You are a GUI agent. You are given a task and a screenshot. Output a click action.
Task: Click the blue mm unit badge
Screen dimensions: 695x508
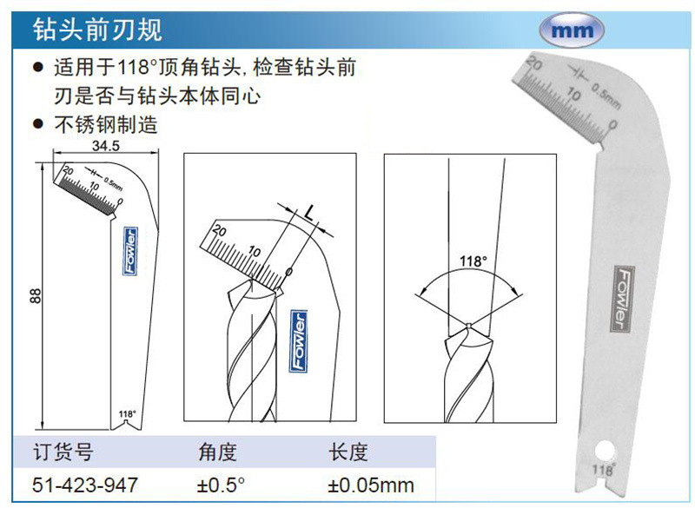(x=572, y=30)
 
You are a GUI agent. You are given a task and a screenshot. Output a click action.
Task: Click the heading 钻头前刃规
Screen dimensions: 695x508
(x=98, y=30)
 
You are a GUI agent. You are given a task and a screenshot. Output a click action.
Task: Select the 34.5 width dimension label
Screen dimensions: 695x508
(x=105, y=145)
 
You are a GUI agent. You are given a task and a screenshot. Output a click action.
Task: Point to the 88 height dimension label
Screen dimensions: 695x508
(x=36, y=295)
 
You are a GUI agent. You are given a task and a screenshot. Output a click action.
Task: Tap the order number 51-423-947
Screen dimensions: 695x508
(x=84, y=485)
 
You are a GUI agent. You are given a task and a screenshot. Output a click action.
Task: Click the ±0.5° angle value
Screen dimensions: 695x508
(x=221, y=485)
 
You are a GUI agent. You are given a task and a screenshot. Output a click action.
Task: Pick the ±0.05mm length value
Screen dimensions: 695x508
(x=371, y=485)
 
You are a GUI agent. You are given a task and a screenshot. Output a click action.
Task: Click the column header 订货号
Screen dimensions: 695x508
(x=63, y=452)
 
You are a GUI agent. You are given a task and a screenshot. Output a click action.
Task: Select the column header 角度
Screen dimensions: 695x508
(x=218, y=452)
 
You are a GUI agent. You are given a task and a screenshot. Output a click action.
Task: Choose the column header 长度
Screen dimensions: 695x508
(x=348, y=452)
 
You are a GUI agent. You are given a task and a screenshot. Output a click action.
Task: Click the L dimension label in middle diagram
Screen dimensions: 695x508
(x=309, y=213)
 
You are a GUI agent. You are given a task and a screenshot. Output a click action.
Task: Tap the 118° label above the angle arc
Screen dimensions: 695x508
(x=473, y=261)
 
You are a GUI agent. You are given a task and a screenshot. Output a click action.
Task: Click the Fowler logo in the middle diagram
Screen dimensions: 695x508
(x=298, y=341)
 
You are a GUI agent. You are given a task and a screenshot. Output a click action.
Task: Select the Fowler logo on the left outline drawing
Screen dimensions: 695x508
(x=130, y=251)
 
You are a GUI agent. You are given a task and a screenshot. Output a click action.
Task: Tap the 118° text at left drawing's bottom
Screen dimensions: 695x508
(x=127, y=413)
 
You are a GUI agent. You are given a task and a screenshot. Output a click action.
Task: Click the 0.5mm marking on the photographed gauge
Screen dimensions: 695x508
(x=606, y=97)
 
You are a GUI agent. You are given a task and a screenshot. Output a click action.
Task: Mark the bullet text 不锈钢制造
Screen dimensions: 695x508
(x=106, y=124)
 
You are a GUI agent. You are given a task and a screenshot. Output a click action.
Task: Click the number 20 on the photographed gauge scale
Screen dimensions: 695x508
(x=534, y=64)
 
